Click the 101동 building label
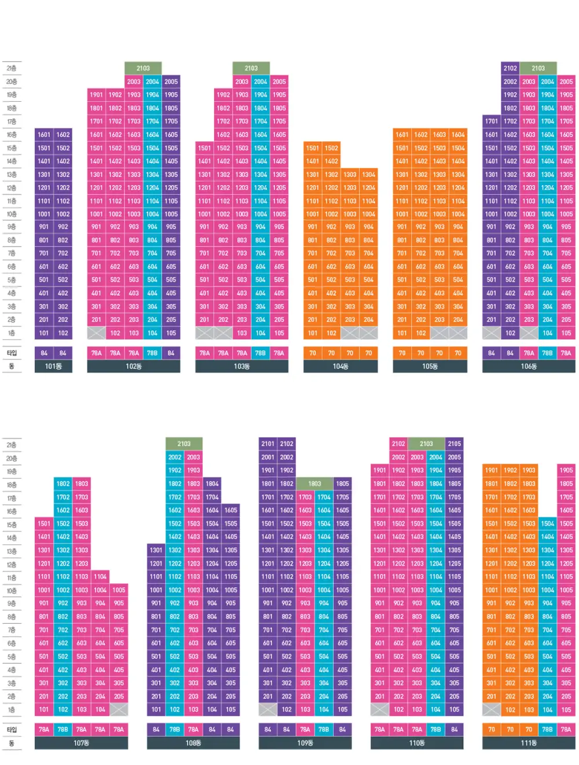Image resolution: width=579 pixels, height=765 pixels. point(53,366)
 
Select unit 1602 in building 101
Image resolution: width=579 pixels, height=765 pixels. point(63,135)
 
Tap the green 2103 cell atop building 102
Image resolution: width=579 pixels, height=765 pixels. point(143,68)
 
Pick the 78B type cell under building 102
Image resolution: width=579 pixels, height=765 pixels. point(152,353)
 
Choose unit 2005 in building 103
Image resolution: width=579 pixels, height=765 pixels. point(280,82)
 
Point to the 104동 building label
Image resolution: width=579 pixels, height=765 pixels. point(340,366)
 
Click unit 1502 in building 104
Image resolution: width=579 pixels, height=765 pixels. point(331,148)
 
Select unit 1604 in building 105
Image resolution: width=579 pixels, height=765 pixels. point(458,135)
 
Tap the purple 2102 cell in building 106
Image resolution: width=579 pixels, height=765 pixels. point(510,68)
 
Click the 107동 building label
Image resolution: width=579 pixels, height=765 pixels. point(81,743)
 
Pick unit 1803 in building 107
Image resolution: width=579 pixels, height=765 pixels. point(82,484)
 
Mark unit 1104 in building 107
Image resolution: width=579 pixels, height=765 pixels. point(100,577)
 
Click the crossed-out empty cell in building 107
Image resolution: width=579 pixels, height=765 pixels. point(119,709)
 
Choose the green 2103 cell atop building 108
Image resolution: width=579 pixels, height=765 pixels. point(184,444)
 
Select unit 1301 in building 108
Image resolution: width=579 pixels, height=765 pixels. point(156,550)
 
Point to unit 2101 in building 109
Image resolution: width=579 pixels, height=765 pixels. point(267,444)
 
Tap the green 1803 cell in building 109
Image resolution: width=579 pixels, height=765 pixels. point(314,484)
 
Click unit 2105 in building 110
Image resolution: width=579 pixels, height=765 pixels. point(455,444)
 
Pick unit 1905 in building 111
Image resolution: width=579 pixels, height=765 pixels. point(566,470)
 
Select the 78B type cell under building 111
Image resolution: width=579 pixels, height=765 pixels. point(547,730)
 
